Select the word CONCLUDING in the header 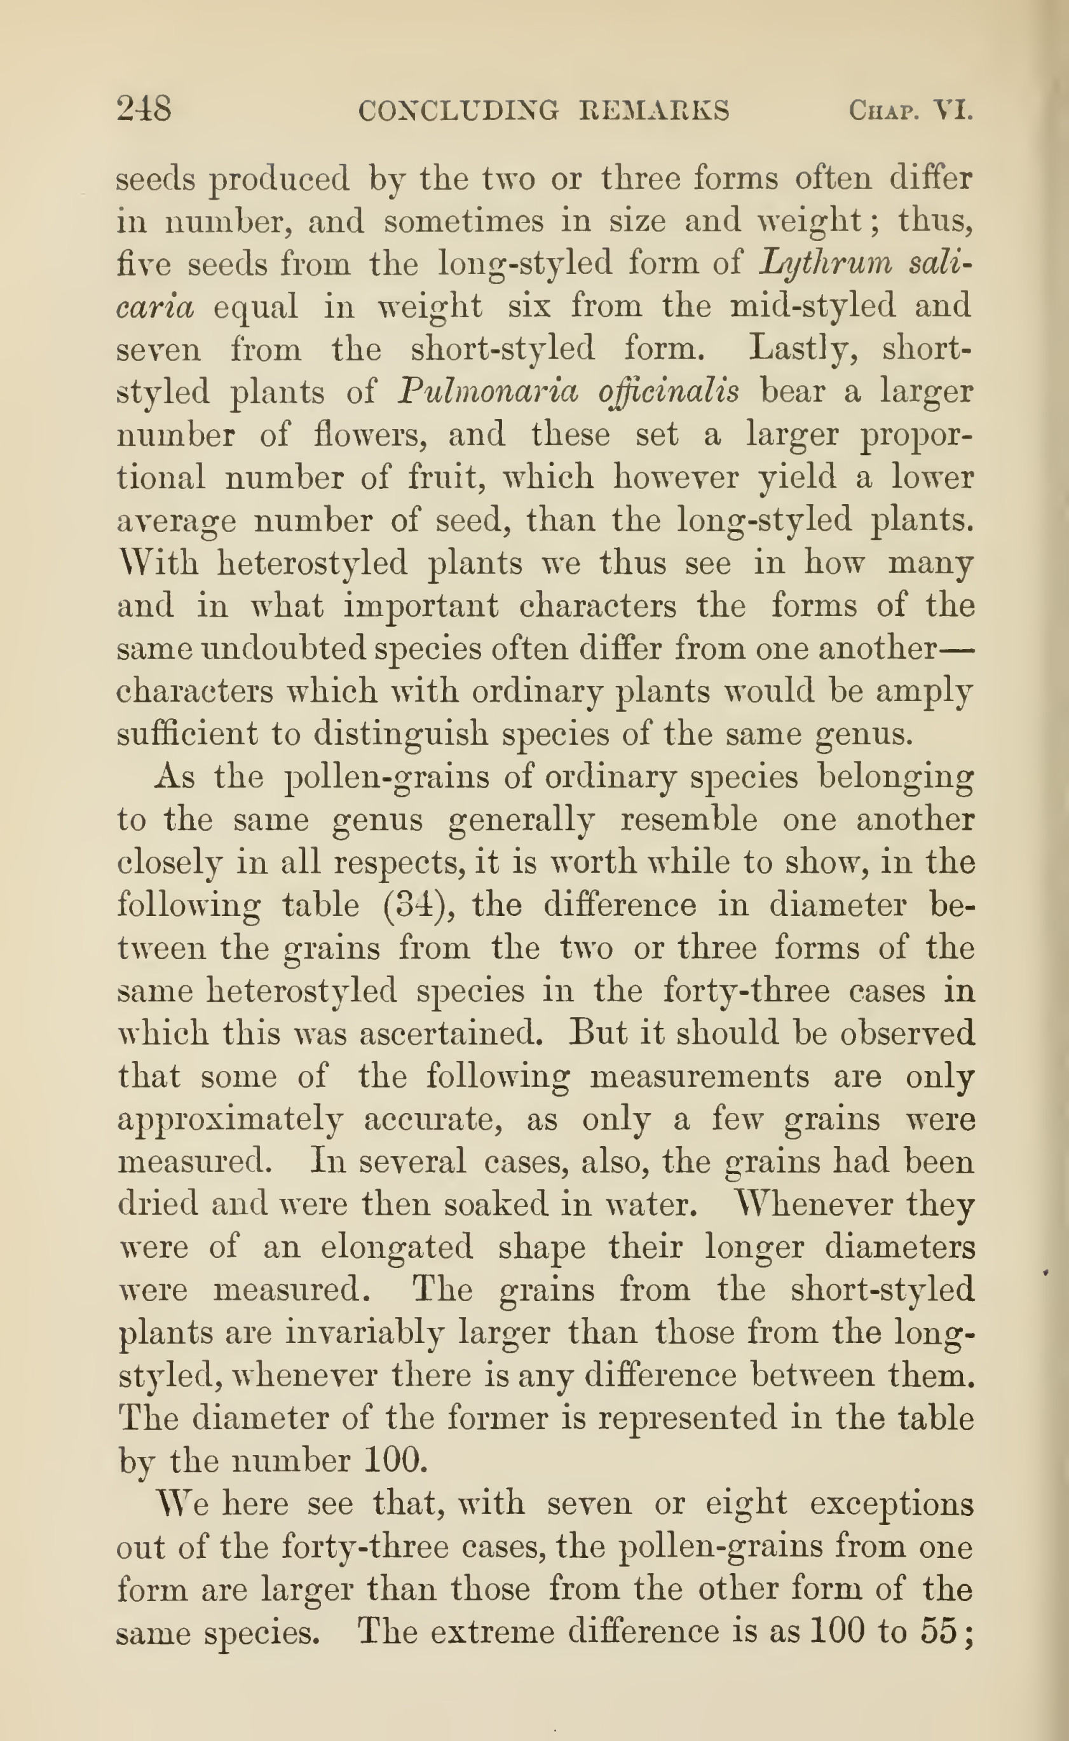point(458,111)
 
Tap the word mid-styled point(812,306)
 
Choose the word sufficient point(187,734)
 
